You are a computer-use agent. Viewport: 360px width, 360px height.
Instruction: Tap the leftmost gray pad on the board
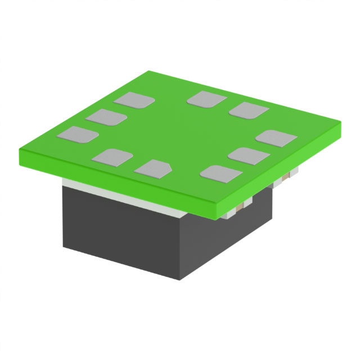coord(78,134)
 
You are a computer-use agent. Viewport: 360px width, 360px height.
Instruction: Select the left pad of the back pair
coord(206,98)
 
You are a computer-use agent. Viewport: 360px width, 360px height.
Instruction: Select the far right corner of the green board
coord(342,128)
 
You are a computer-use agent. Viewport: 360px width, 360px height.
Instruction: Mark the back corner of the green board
coord(148,71)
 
